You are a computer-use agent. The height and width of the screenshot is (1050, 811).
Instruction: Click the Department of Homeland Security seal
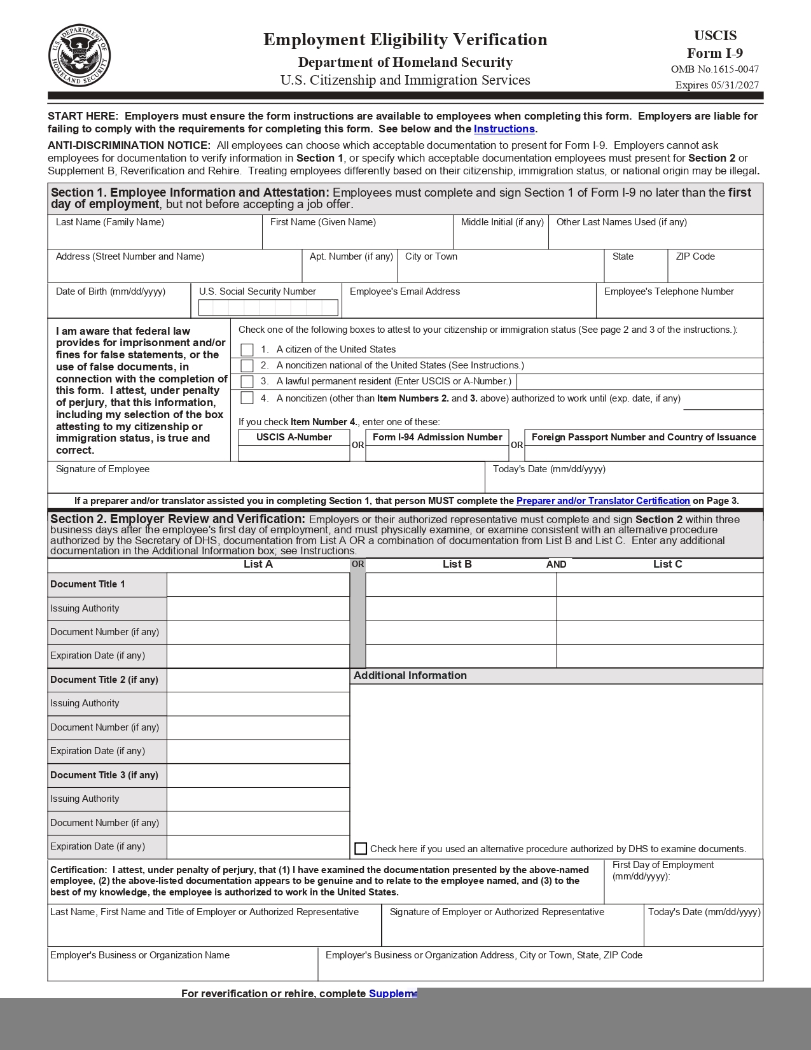coord(80,55)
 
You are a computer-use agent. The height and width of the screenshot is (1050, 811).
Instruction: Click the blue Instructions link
coord(504,129)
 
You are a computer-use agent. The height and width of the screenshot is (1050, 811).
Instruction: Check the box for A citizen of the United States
coord(247,349)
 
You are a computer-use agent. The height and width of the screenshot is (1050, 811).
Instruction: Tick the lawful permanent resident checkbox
coord(247,381)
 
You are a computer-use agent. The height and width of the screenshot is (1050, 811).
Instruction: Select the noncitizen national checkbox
coord(247,365)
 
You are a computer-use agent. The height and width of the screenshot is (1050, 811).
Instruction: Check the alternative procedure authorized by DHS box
coord(361,848)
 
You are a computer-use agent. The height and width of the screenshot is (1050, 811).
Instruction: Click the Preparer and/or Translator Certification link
coord(602,501)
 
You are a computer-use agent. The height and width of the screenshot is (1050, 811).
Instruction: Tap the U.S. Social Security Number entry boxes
coord(268,307)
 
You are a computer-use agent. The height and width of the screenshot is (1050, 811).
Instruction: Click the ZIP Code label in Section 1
coord(695,256)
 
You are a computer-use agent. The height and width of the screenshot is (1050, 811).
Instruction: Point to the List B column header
coord(457,564)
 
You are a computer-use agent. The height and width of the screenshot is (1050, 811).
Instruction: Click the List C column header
coord(667,564)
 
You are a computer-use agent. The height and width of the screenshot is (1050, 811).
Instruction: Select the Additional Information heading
coord(410,675)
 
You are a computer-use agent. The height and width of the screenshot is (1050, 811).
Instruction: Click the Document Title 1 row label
coord(88,584)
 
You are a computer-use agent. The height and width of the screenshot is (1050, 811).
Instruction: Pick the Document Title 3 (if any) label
coord(104,775)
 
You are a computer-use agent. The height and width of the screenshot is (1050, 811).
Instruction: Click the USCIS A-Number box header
coord(294,437)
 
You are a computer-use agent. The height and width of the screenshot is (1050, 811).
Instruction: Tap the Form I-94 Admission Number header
coord(437,437)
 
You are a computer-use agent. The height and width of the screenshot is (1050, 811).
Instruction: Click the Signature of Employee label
coord(102,469)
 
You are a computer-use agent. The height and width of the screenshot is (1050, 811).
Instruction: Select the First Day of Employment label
coord(663,865)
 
